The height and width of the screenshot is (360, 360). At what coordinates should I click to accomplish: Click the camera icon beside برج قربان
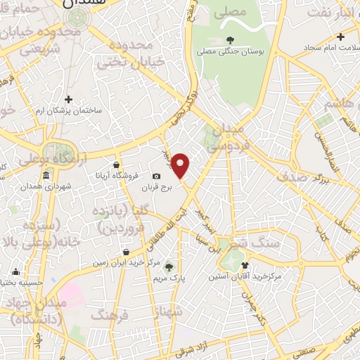pyautogui.click(x=156, y=176)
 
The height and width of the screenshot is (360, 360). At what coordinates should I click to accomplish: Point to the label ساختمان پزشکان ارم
pyautogui.click(x=69, y=112)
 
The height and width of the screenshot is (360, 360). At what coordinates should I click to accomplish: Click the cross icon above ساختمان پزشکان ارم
pyautogui.click(x=68, y=99)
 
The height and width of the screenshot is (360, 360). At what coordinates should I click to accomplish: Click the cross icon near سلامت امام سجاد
pyautogui.click(x=341, y=37)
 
